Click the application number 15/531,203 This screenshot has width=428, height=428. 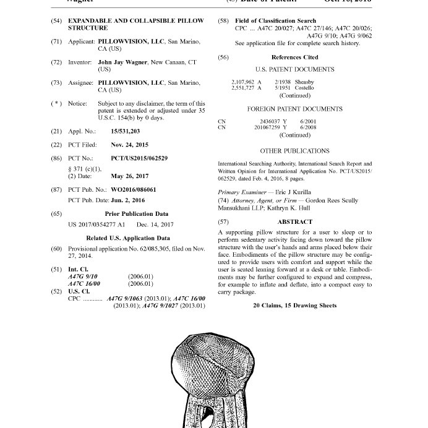click(x=125, y=131)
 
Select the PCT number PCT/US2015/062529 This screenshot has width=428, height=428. click(x=139, y=158)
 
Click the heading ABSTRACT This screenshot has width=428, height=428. click(x=295, y=221)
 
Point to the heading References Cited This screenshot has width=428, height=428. click(x=294, y=57)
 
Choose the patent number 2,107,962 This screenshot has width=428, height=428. click(x=243, y=82)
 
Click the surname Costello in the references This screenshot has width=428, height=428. click(x=304, y=88)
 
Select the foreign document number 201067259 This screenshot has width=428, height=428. click(x=267, y=127)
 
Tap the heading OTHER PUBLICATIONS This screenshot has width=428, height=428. click(x=294, y=151)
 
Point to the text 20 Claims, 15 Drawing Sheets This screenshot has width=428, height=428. click(x=294, y=306)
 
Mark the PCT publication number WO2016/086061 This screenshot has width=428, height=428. click(x=134, y=190)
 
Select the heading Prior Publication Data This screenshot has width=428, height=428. click(x=136, y=214)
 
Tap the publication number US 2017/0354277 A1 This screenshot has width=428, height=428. click(x=96, y=225)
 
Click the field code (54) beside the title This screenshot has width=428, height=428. click(x=56, y=20)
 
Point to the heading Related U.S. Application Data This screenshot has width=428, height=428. click(x=128, y=238)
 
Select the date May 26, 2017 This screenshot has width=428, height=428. click(x=129, y=176)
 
